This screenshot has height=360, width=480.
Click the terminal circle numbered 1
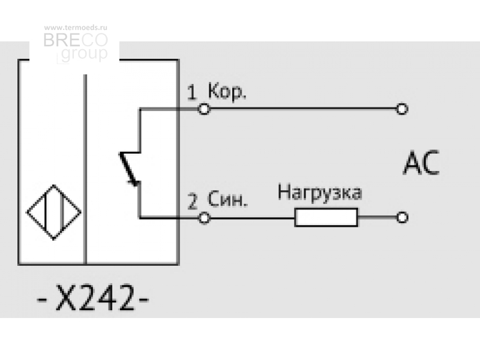(x=204, y=109)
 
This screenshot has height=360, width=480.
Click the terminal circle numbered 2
(x=204, y=218)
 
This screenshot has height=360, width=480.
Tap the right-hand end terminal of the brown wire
(x=402, y=109)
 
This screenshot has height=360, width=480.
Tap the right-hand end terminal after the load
(x=402, y=217)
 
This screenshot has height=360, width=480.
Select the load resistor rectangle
(x=326, y=217)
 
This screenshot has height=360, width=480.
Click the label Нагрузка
(x=320, y=193)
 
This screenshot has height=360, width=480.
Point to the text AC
(x=421, y=163)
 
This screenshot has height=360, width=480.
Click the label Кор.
(x=227, y=92)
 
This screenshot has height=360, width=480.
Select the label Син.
(x=227, y=199)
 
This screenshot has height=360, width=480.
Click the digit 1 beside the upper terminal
(x=191, y=93)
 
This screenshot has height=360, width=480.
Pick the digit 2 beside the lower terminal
(x=192, y=201)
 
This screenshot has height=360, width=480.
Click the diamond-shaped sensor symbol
(x=54, y=212)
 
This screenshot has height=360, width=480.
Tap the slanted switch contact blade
(x=128, y=169)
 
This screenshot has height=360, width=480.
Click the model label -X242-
(x=93, y=298)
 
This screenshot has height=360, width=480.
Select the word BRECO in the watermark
(x=76, y=40)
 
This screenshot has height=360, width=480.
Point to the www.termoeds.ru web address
(x=76, y=28)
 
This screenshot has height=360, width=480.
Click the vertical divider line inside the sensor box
(x=85, y=169)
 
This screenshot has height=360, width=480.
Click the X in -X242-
(x=65, y=298)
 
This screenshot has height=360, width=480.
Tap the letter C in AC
(x=431, y=163)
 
